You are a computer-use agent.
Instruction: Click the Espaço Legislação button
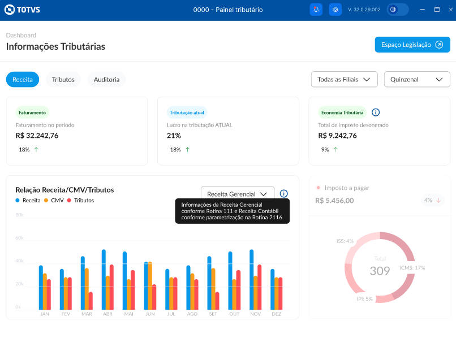[x=412, y=45]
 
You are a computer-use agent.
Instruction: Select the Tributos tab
[x=63, y=80]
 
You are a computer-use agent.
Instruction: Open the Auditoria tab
[x=106, y=80]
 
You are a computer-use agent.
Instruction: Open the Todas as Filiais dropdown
[x=344, y=80]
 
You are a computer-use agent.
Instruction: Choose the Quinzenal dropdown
[x=416, y=80]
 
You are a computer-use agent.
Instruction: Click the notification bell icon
[x=316, y=10]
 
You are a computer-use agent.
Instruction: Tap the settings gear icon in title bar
[x=335, y=10]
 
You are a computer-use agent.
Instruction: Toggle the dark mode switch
[x=398, y=10]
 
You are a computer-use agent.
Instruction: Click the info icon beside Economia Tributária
[x=376, y=112]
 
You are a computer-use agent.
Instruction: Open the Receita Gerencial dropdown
[x=237, y=194]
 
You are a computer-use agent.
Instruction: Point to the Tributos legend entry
[x=80, y=201]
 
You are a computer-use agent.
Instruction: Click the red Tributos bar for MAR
[x=91, y=301]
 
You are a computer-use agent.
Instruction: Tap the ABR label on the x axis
[x=107, y=314]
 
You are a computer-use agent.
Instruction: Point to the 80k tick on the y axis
[x=19, y=215]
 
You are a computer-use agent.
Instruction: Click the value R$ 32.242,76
[x=37, y=136]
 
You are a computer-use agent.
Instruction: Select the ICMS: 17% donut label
[x=412, y=268]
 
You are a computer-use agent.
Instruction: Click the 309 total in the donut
[x=380, y=271]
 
